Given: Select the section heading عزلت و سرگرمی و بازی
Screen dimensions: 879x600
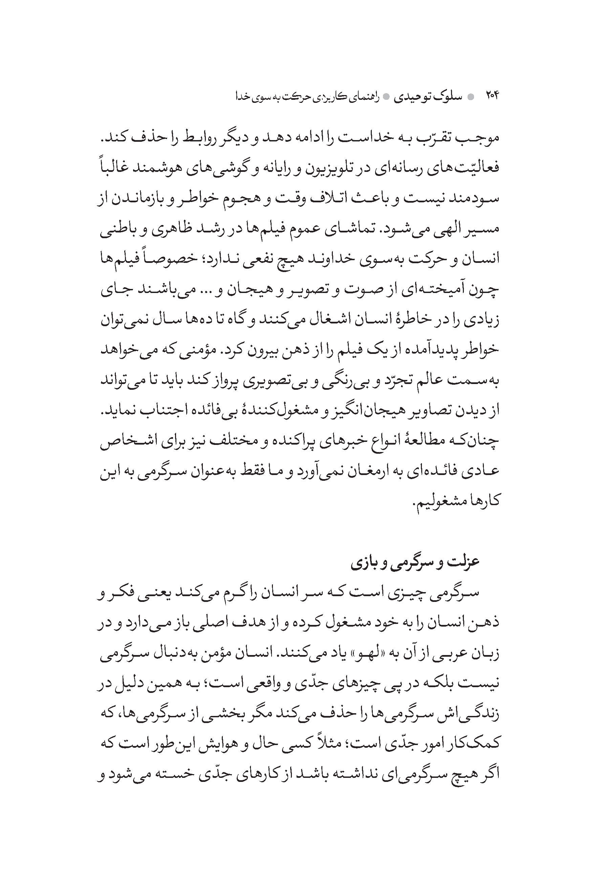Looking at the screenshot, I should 415,561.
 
